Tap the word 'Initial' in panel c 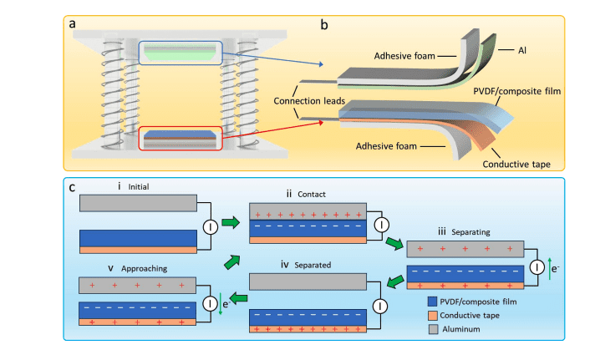click(132, 186)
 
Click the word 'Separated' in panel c click(314, 266)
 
